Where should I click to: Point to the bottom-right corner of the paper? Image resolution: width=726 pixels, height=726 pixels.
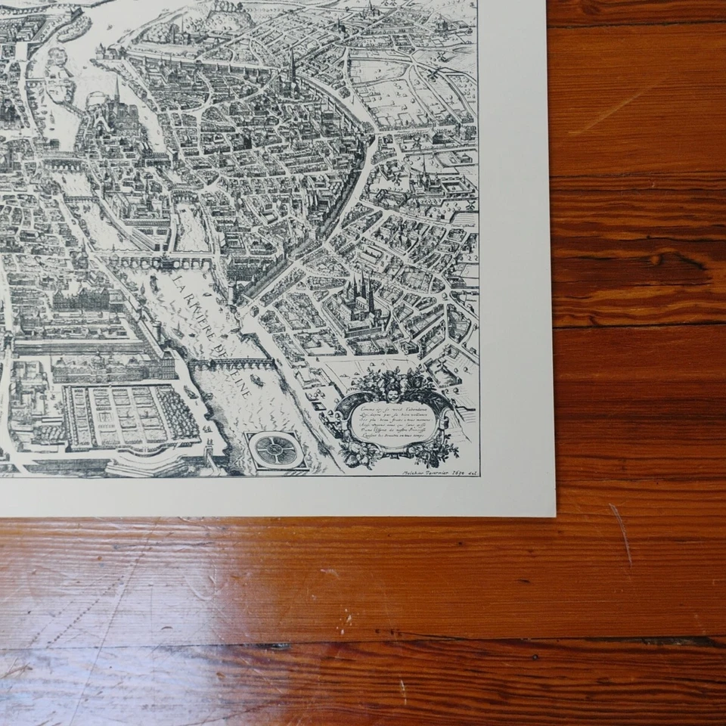pyautogui.click(x=554, y=517)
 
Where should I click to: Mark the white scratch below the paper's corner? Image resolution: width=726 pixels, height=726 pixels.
pyautogui.click(x=622, y=533)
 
